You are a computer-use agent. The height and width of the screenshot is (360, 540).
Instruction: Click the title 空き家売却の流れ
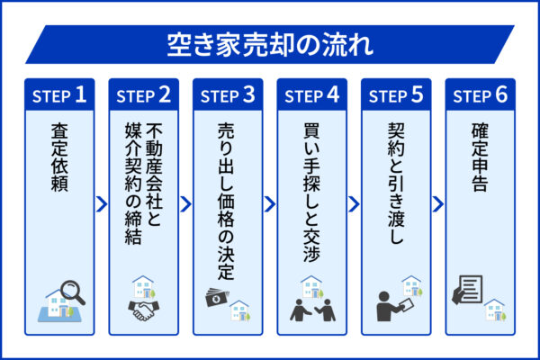tap(270, 43)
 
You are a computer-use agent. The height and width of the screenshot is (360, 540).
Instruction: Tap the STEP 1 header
tap(60, 94)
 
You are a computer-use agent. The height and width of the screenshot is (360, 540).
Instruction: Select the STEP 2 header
tap(144, 94)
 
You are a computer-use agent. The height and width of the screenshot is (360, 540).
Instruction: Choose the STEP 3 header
tap(228, 94)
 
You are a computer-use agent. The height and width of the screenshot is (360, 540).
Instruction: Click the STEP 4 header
tap(311, 94)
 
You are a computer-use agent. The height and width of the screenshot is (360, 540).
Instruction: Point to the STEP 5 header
tap(395, 94)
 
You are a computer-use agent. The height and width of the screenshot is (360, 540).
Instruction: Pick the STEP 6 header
tap(479, 94)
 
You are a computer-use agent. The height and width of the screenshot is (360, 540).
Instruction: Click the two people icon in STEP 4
tap(311, 309)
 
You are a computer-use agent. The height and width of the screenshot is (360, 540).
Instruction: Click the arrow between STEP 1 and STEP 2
tap(103, 204)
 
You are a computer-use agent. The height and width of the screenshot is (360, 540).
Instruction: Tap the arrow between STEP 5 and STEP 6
tap(437, 204)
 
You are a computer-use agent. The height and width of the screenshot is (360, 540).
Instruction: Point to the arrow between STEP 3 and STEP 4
tap(270, 204)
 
